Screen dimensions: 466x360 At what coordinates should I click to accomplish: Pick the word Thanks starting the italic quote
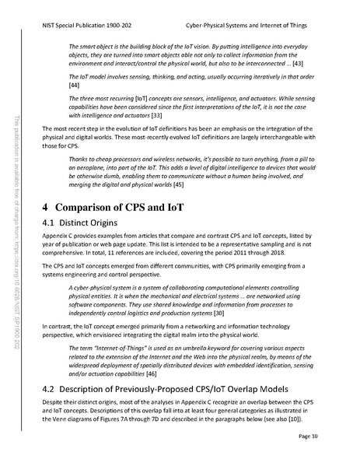(x=80, y=156)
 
